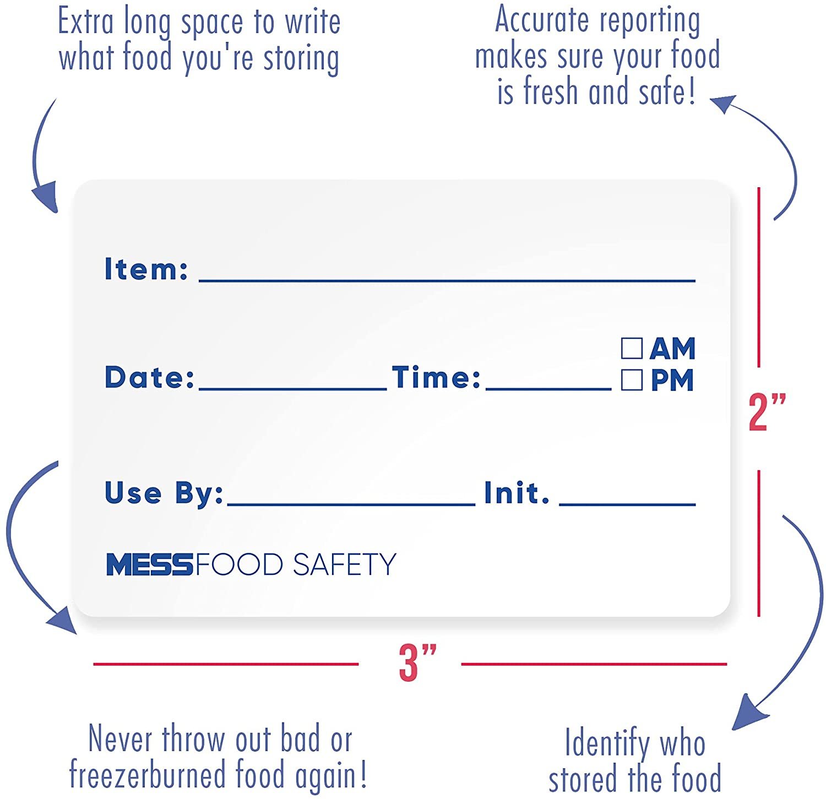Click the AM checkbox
[x=632, y=348]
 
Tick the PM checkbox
[x=632, y=380]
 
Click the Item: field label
[x=146, y=269]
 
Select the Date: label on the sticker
[x=150, y=377]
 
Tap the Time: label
[x=436, y=377]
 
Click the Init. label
[x=517, y=492]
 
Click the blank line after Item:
[x=447, y=281]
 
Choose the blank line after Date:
[x=293, y=389]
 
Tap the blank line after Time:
[x=548, y=389]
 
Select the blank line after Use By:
[x=351, y=503]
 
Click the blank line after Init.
[x=628, y=503]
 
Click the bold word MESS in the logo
[x=149, y=565]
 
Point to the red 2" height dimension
[x=767, y=412]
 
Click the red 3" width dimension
[x=417, y=663]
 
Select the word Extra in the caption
[x=85, y=22]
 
